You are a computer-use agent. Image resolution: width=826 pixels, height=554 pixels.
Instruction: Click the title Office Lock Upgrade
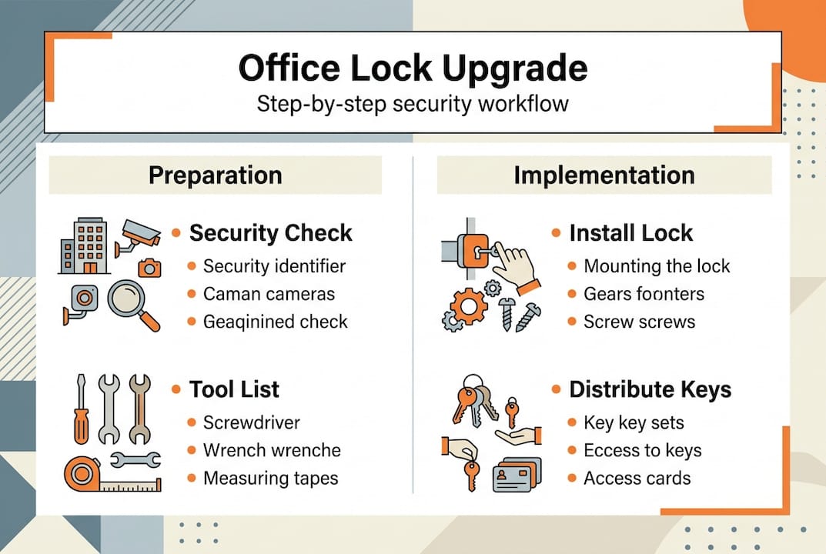tap(413, 68)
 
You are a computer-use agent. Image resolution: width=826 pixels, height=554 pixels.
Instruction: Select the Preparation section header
tap(215, 175)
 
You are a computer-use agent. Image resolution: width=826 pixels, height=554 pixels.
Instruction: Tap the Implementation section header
tap(604, 175)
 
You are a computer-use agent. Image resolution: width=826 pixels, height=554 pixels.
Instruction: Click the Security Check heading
tap(270, 232)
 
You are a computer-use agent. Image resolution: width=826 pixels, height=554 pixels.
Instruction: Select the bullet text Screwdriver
tap(251, 422)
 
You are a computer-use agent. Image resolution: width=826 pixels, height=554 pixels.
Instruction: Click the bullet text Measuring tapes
tap(270, 478)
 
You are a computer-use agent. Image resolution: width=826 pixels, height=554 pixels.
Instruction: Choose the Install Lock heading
tap(630, 232)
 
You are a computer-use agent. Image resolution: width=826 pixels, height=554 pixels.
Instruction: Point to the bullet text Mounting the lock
tap(656, 266)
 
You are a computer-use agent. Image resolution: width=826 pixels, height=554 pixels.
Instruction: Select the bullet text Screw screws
tap(639, 322)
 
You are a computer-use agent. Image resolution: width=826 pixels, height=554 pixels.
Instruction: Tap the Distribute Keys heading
tap(650, 389)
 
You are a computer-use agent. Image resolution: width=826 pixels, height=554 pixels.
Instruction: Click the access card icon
tap(516, 474)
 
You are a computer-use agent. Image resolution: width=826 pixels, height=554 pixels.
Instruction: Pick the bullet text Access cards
tap(637, 478)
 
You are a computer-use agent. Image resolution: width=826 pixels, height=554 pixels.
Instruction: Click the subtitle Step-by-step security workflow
tap(413, 103)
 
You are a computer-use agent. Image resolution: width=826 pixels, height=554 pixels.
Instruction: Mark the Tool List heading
tap(234, 389)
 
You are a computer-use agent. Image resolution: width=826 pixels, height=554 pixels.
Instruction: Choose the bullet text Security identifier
tap(274, 266)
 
